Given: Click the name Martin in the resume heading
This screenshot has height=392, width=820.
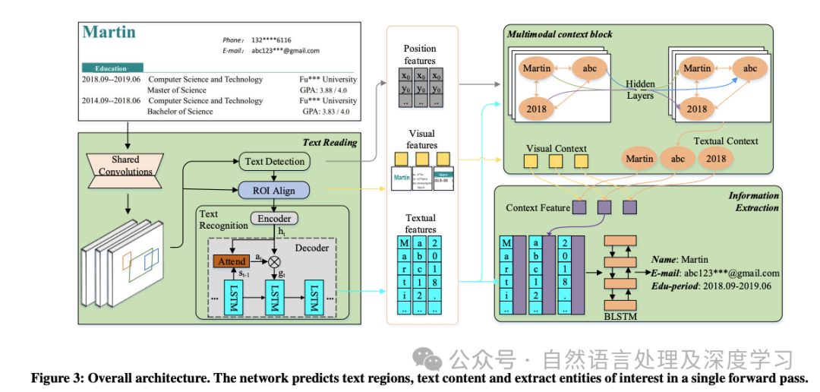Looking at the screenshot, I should (x=109, y=33).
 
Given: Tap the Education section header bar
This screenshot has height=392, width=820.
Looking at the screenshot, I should (x=111, y=68).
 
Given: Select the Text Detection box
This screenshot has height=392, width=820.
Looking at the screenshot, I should (x=275, y=161).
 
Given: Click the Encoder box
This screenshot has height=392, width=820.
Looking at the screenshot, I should (x=274, y=218).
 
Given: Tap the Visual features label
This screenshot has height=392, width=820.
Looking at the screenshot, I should (x=422, y=140).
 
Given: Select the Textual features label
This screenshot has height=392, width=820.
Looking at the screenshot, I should (x=420, y=224).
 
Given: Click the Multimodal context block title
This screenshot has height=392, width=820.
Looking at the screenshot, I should (x=559, y=34).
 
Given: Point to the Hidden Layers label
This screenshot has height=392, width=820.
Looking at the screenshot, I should (x=640, y=90).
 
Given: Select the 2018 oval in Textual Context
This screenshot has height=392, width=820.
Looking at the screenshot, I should (x=715, y=160).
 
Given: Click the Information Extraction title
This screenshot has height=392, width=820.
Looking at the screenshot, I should (x=753, y=201).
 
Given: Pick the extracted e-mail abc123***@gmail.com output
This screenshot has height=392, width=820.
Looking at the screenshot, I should (x=730, y=273).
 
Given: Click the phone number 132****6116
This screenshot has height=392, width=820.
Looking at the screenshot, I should (x=271, y=40).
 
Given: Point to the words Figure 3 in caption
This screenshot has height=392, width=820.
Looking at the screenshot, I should (x=55, y=378).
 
